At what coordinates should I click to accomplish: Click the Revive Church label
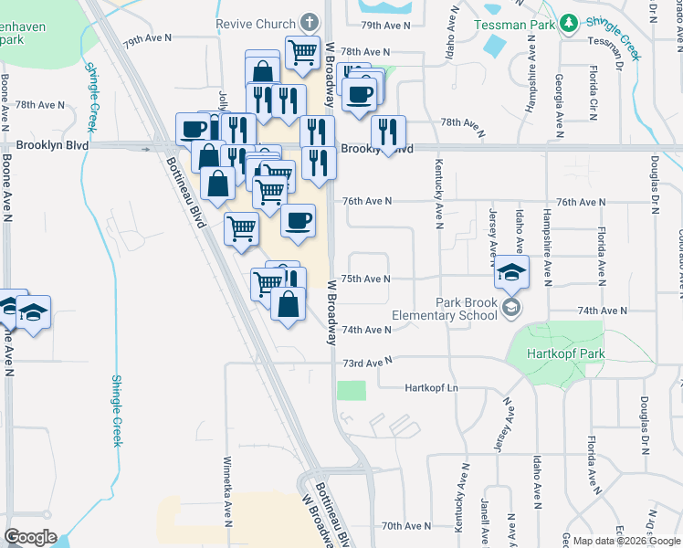[x=257, y=22]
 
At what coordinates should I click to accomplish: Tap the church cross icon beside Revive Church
[x=310, y=22]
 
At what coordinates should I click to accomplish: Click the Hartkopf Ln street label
[x=433, y=387]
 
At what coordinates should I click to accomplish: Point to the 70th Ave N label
[x=405, y=526]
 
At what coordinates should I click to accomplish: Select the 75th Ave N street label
[x=365, y=279]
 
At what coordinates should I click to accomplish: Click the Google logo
[x=30, y=537]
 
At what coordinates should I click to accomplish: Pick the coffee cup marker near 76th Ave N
[x=298, y=221]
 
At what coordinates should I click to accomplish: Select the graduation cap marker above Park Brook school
[x=512, y=272]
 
